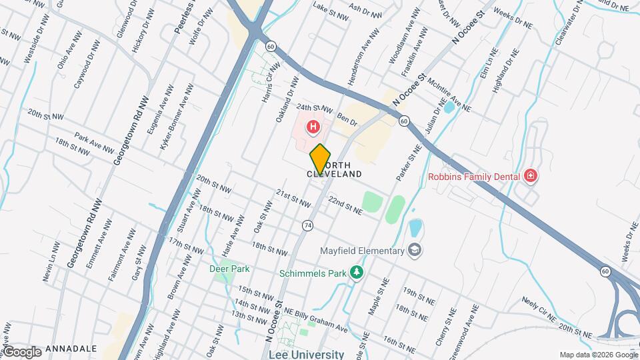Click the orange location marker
(x=320, y=159)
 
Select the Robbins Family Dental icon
(x=531, y=176)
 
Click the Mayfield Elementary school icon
(x=415, y=251)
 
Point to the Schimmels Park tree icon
(x=357, y=272)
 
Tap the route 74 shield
(x=307, y=225)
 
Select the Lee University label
(x=306, y=355)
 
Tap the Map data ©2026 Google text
(x=598, y=355)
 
